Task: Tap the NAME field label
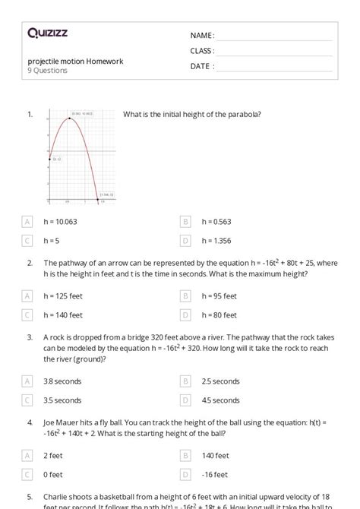202,36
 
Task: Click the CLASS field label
203,51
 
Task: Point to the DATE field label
202,66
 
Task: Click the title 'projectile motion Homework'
75,61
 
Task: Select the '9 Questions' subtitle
47,71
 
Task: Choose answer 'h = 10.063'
60,222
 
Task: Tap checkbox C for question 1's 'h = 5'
28,241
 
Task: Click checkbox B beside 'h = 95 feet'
185,296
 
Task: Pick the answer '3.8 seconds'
62,381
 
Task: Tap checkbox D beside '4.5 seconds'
185,400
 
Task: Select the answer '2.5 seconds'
220,381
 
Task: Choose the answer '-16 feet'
215,474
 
